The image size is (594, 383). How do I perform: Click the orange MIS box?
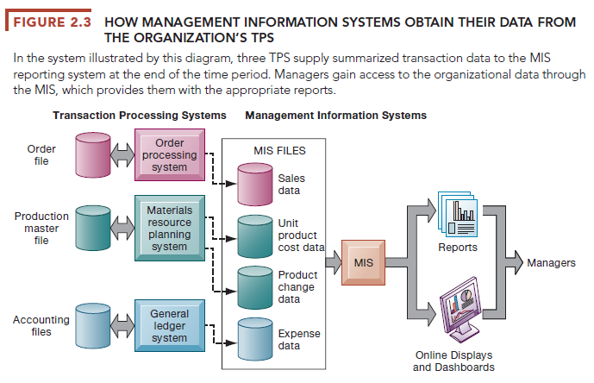click(363, 261)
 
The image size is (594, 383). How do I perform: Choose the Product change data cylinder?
click(255, 286)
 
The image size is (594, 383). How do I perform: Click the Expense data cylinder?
click(255, 337)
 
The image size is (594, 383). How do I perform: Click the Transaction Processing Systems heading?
click(140, 115)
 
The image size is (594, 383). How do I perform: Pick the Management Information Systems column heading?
click(335, 115)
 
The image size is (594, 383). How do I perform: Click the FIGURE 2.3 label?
click(54, 21)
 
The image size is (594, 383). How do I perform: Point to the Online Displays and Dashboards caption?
click(454, 361)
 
